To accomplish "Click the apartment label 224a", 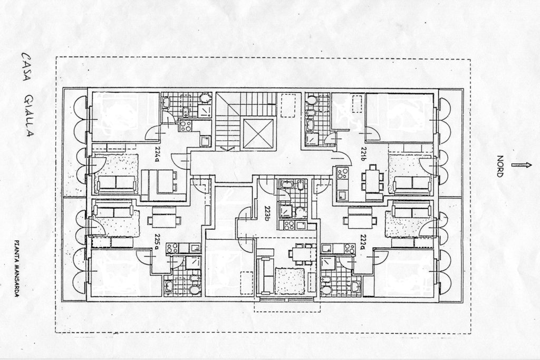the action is pos(157,157).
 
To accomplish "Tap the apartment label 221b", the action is pos(363,153).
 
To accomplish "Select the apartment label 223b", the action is pos(267,213).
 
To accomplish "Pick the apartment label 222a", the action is pos(363,241).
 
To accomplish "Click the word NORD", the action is pos(500,166).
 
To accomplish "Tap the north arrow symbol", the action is pos(522,165).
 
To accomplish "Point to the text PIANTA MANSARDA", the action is pos(16,268).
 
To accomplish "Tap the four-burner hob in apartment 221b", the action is pos(342,173).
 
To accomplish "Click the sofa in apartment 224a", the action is pos(116,183).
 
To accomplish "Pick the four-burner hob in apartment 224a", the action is pos(185,126).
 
